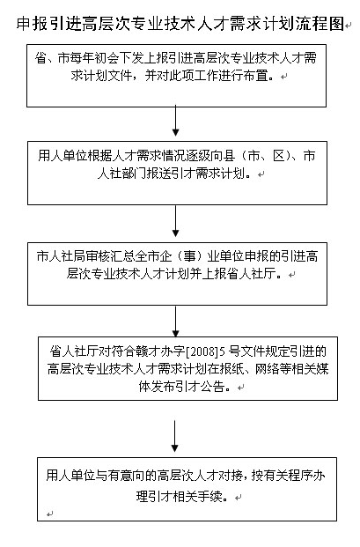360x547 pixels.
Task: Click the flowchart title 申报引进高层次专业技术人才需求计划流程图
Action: point(180,24)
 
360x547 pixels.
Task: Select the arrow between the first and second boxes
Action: point(176,121)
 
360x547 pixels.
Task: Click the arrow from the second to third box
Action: point(176,221)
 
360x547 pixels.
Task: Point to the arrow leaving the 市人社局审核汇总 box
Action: point(176,322)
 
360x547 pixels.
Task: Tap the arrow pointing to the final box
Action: point(175,436)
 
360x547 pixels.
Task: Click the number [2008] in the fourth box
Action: point(202,351)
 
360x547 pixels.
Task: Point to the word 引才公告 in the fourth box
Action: point(201,387)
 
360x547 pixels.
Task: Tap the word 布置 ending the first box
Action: point(261,76)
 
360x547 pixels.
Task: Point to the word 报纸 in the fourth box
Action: point(231,369)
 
